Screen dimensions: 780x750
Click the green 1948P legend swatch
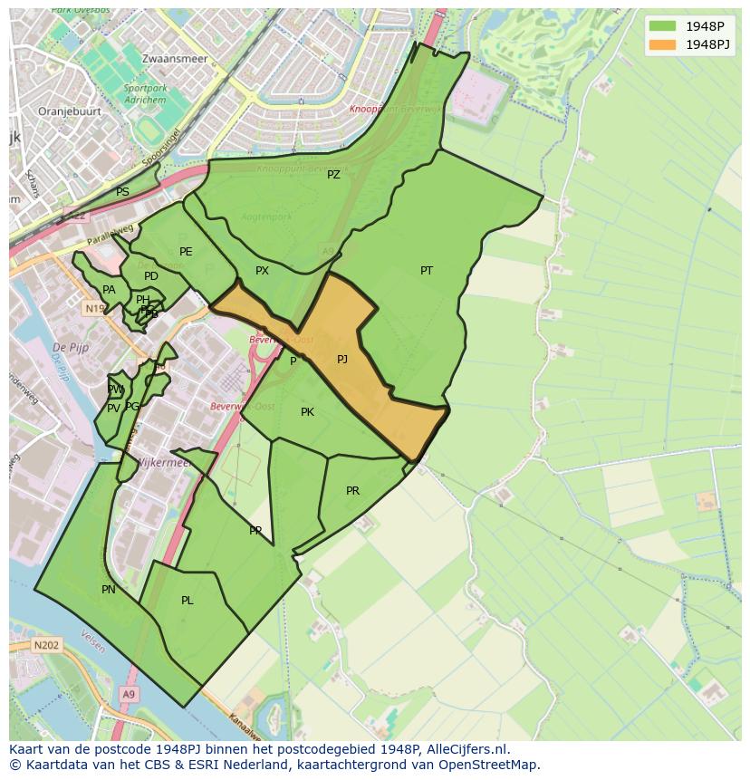pos(662,25)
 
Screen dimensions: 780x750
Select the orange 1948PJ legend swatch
pos(662,44)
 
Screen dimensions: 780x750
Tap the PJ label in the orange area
pos(342,360)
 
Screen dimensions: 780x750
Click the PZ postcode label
pos(333,175)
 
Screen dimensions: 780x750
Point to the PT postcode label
pos(427,271)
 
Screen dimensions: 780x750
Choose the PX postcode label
pos(262,271)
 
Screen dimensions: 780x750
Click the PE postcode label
pos(186,252)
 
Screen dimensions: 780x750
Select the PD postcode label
pos(151,276)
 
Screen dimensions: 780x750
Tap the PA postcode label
pos(109,290)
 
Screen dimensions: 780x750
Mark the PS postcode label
pos(122,192)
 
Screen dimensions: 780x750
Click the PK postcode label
pos(307,412)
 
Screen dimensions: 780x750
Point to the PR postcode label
pos(352,491)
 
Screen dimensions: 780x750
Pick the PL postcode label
pos(187,601)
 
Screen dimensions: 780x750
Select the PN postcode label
pos(109,590)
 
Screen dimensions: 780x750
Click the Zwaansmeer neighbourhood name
pos(175,59)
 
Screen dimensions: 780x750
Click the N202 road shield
pos(46,646)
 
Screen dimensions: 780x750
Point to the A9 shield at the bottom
pos(128,694)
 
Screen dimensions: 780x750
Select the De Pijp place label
pos(69,347)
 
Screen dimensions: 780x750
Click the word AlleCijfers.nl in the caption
pos(462,749)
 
